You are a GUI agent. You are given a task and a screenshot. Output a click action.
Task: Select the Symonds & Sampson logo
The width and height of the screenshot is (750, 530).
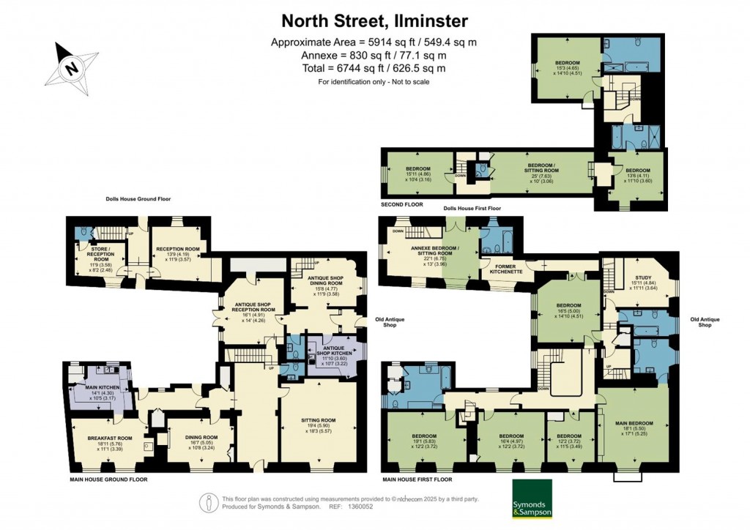(532, 503)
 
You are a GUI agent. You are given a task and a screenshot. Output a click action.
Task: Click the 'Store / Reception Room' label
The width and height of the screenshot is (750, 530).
(101, 254)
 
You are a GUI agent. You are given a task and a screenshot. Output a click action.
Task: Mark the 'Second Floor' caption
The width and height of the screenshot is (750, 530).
(401, 204)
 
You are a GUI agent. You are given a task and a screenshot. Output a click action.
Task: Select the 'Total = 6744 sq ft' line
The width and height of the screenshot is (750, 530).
(374, 68)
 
